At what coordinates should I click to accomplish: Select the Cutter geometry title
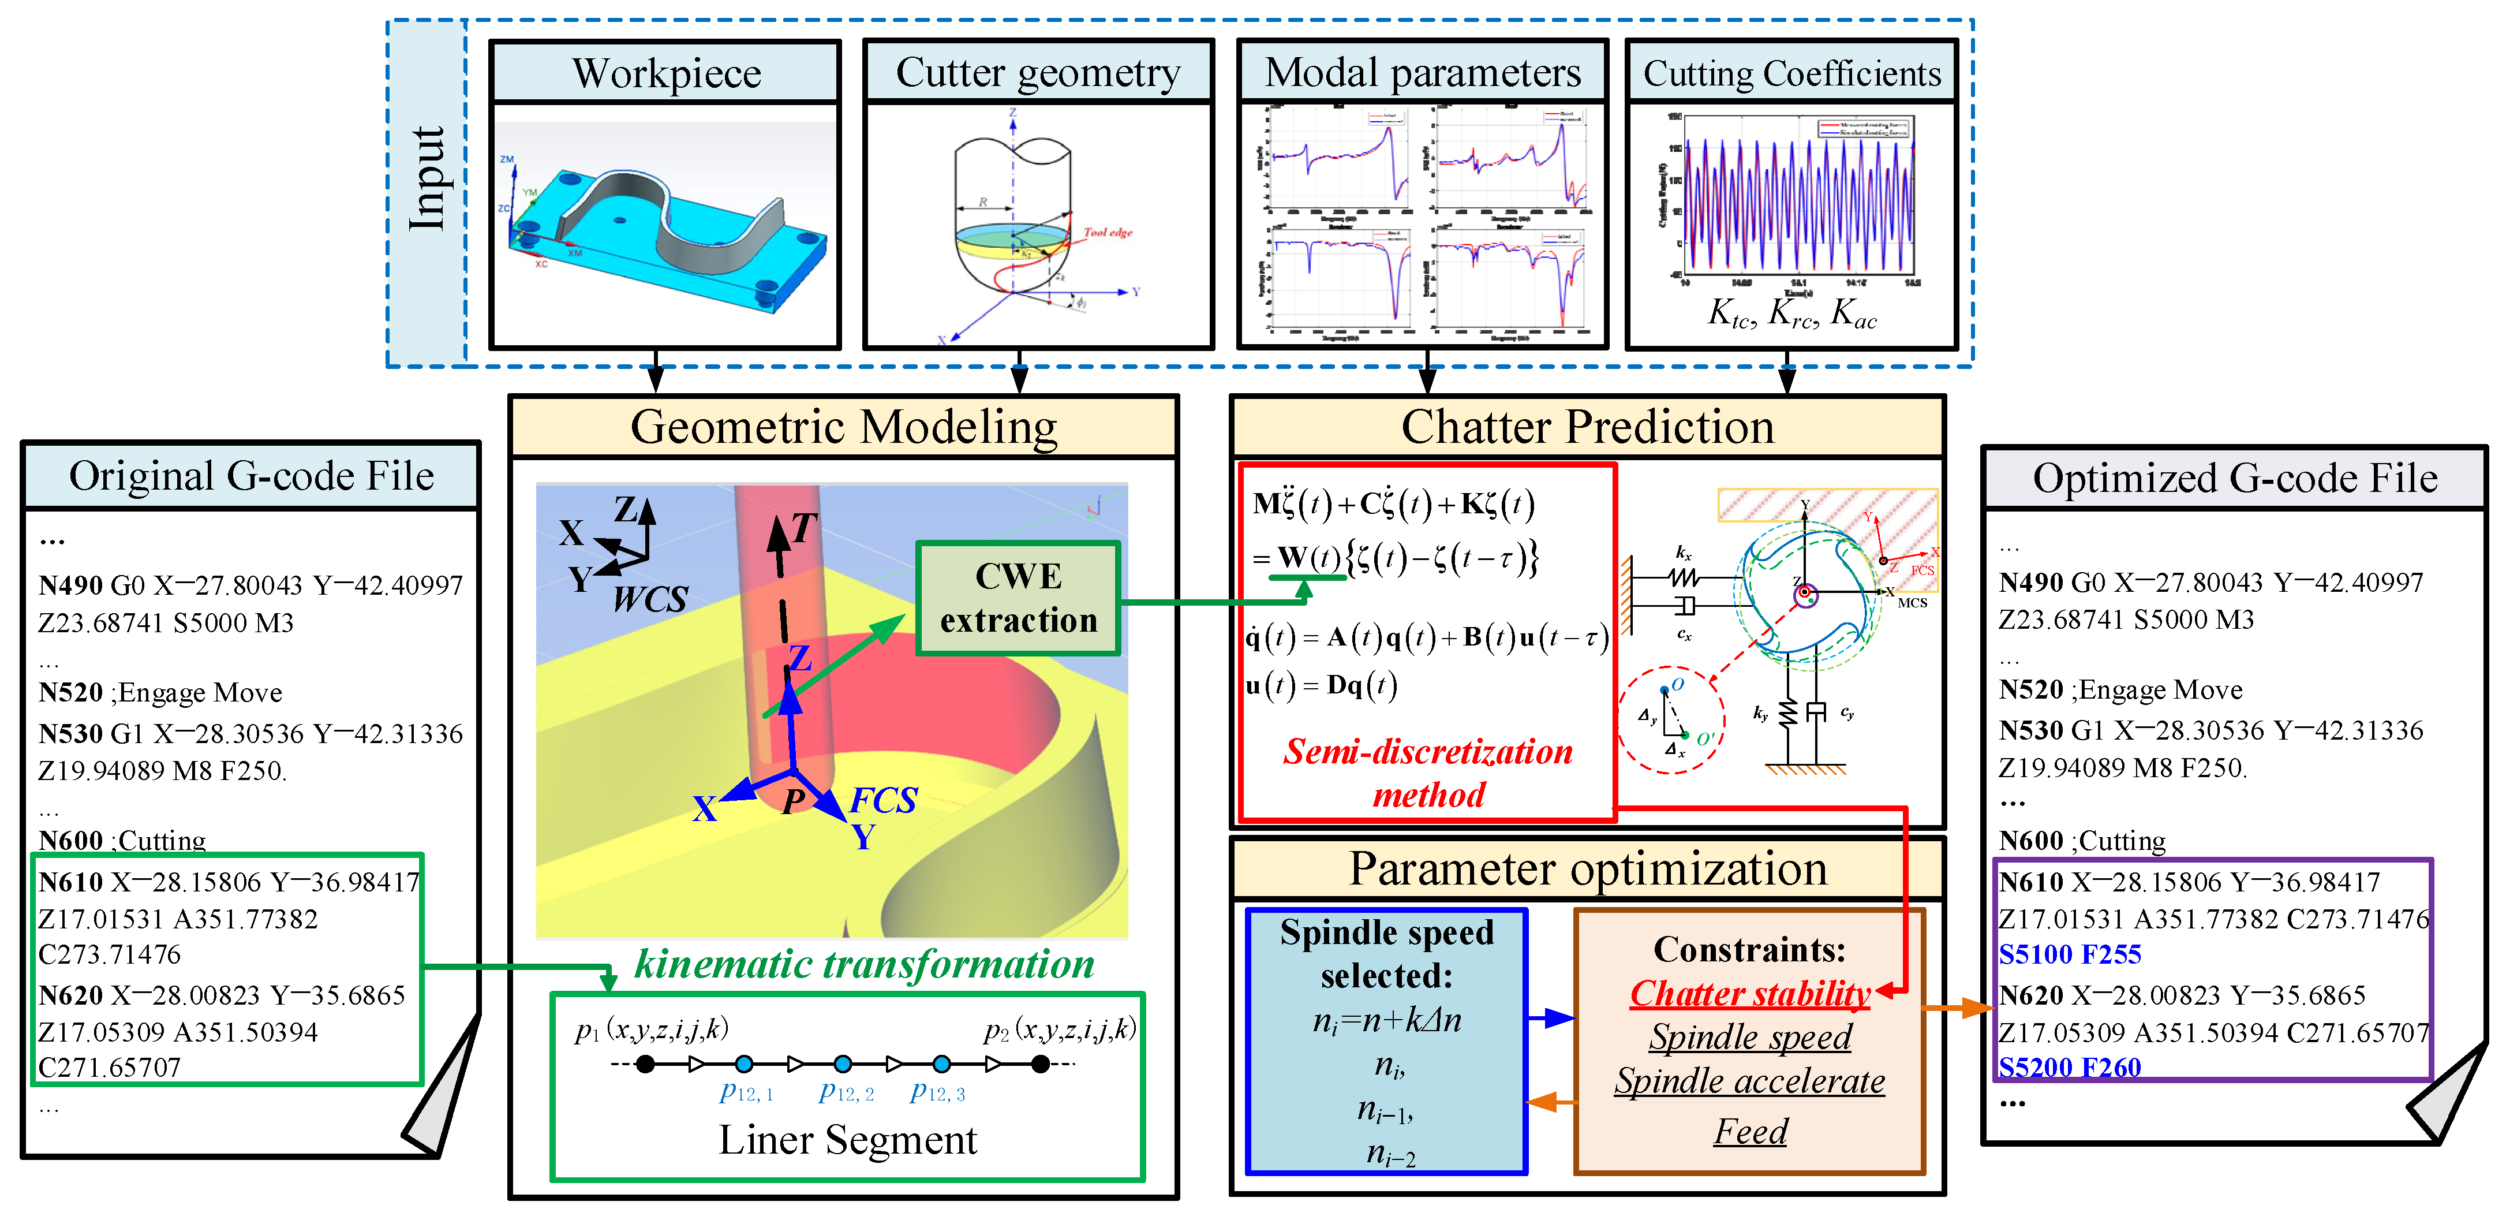[1038, 73]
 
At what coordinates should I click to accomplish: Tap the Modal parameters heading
[1422, 73]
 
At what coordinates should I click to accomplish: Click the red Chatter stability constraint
[1749, 993]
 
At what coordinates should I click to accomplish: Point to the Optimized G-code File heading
[2235, 479]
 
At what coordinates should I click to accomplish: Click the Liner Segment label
[847, 1139]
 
